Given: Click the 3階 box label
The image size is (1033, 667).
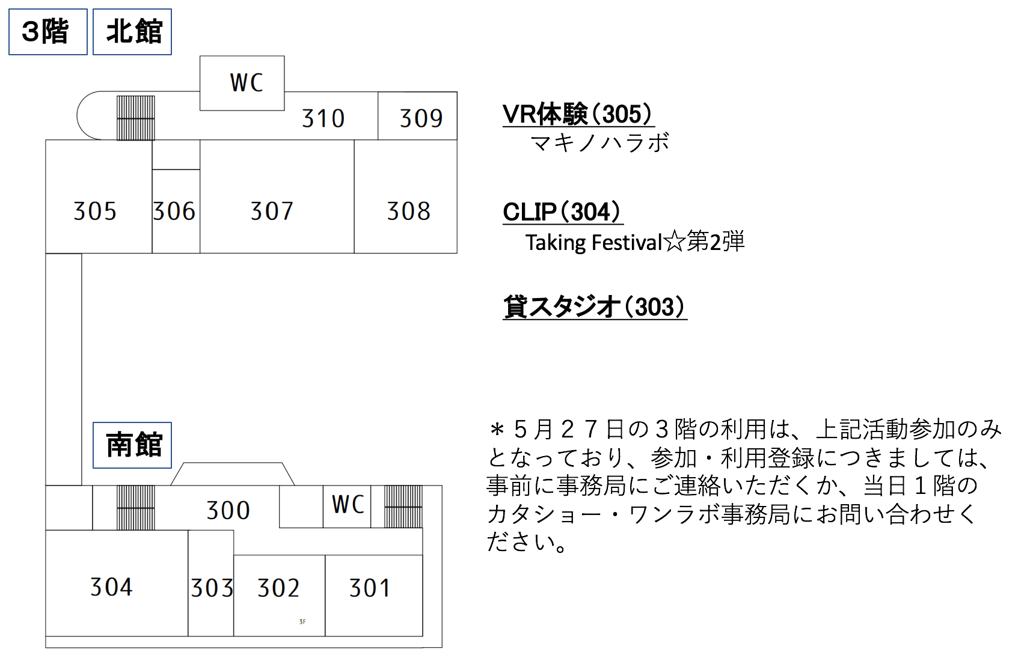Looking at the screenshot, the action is (48, 32).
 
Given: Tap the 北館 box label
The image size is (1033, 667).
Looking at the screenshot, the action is (132, 32).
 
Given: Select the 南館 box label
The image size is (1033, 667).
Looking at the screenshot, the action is (132, 445).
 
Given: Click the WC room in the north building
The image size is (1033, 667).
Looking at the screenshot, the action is (242, 83).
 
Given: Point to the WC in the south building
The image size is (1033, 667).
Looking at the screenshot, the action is (347, 507).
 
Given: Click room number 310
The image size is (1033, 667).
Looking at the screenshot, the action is (323, 118).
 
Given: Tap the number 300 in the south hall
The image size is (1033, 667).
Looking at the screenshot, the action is (228, 510).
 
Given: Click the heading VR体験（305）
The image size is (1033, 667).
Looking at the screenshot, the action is (578, 114).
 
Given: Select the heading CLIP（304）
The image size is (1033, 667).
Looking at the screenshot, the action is (563, 212).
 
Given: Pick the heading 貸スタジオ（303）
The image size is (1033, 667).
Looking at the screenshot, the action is (595, 307).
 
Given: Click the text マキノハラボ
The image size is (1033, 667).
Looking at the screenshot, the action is (600, 143).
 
